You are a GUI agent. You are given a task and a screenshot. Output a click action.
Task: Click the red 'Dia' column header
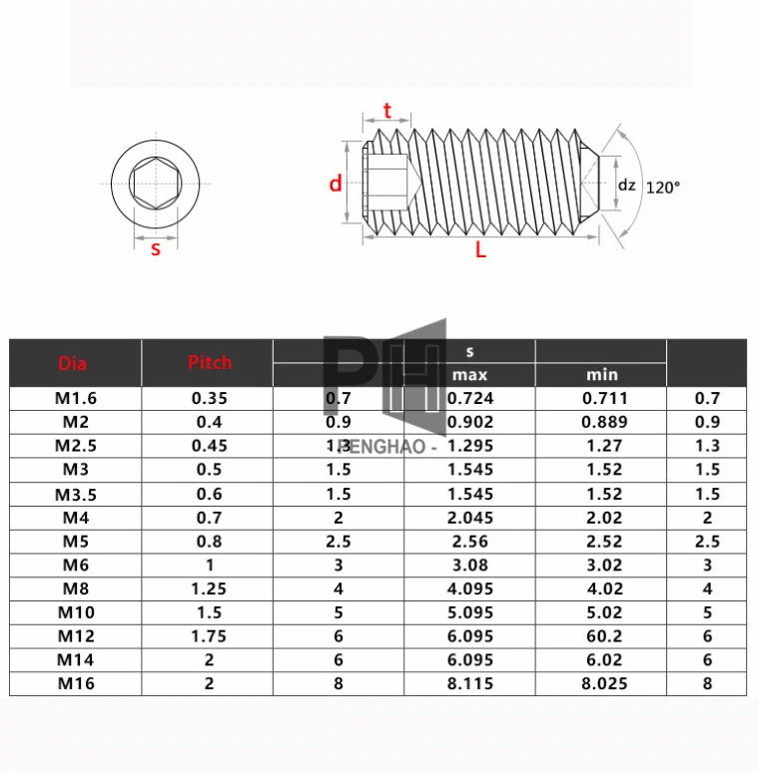[x=73, y=363]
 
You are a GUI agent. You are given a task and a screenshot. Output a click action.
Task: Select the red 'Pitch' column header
[x=210, y=363]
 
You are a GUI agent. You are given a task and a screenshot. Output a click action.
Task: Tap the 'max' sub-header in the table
[x=469, y=375]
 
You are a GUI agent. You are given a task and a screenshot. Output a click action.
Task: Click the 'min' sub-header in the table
[x=601, y=375]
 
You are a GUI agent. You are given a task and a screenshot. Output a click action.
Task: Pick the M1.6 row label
[x=76, y=398]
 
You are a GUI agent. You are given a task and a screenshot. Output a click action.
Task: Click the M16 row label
[x=76, y=683]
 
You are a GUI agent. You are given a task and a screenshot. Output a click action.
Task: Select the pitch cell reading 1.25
[x=208, y=588]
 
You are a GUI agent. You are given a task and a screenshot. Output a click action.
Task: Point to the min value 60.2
[x=600, y=636]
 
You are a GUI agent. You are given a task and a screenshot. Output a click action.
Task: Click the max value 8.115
[x=469, y=683]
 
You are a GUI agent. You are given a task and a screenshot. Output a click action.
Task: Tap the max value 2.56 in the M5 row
[x=469, y=542]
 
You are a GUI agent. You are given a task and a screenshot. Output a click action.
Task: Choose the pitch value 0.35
[x=208, y=398]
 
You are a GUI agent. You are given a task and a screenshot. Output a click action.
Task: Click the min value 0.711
[x=600, y=398]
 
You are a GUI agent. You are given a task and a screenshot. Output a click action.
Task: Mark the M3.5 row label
[x=76, y=494]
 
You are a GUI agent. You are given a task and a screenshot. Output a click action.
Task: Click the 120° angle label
[x=662, y=187]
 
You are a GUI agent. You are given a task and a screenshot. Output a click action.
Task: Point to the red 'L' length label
[x=480, y=251]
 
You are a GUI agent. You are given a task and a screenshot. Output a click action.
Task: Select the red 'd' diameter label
[x=336, y=184]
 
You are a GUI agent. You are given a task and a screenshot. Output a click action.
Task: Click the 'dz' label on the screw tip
[x=626, y=185]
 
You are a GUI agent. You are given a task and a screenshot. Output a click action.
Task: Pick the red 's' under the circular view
[x=155, y=249]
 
